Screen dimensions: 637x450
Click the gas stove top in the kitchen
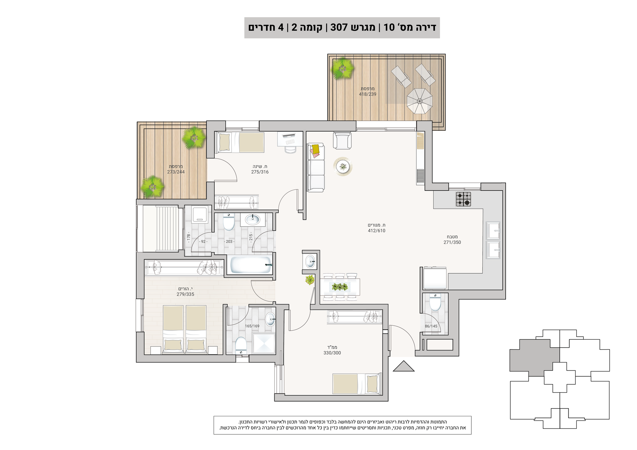pyautogui.click(x=463, y=199)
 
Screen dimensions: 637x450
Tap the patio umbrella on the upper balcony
pyautogui.click(x=420, y=101)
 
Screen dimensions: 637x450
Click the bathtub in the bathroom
pyautogui.click(x=251, y=265)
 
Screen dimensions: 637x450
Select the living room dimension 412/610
pyautogui.click(x=377, y=231)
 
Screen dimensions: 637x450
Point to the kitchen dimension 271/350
pyautogui.click(x=452, y=242)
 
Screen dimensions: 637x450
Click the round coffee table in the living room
pyautogui.click(x=343, y=166)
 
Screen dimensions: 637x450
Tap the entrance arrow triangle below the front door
pyautogui.click(x=404, y=366)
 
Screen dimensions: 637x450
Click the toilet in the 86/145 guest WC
pyautogui.click(x=435, y=302)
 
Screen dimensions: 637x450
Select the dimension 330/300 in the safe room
pyautogui.click(x=332, y=353)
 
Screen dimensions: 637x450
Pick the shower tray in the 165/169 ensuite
pyautogui.click(x=264, y=343)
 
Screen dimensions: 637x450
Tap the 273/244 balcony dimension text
pyautogui.click(x=176, y=172)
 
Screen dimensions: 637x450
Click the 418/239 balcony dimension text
pyautogui.click(x=368, y=94)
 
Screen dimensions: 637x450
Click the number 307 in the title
pyautogui.click(x=339, y=27)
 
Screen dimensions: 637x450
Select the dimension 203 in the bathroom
pyautogui.click(x=229, y=242)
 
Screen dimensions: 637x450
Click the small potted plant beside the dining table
pyautogui.click(x=310, y=280)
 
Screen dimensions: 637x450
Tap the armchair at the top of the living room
pyautogui.click(x=342, y=141)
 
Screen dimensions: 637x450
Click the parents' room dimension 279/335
pyautogui.click(x=185, y=294)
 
